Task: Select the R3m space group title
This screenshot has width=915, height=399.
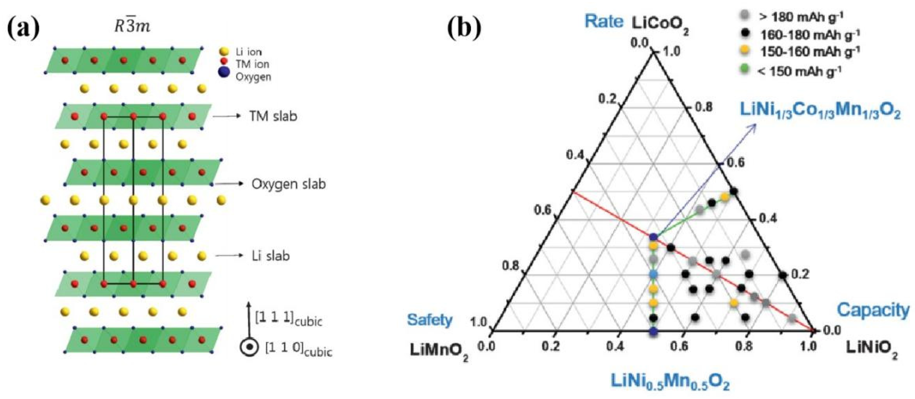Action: tap(133, 26)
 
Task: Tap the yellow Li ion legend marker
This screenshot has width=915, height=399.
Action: tap(224, 52)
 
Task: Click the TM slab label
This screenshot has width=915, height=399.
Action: tap(273, 116)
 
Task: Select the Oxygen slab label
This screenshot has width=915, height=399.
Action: tap(289, 184)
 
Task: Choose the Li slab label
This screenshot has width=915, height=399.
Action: tap(271, 256)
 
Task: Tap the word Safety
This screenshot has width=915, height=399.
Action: tap(430, 320)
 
